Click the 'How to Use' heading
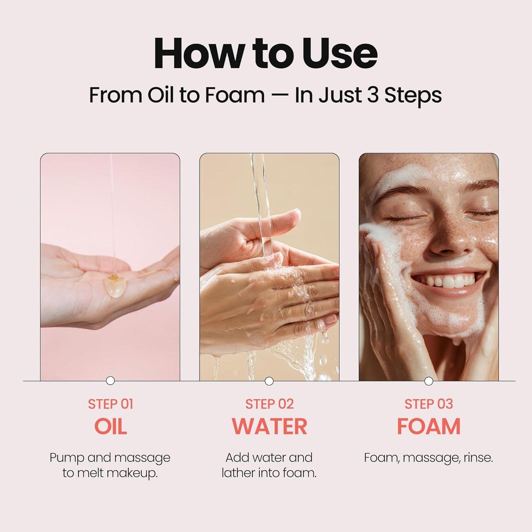click(x=265, y=54)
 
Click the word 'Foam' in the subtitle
click(x=235, y=95)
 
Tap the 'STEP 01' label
click(x=110, y=404)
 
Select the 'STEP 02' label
click(x=269, y=404)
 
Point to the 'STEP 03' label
click(x=429, y=404)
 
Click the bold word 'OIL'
click(x=110, y=426)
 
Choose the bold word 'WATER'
click(x=269, y=426)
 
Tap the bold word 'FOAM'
click(x=429, y=426)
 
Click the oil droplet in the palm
click(x=113, y=286)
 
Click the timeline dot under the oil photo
click(x=110, y=381)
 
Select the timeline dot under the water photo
click(x=269, y=381)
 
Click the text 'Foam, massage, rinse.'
click(x=429, y=458)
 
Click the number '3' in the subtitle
click(x=373, y=95)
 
